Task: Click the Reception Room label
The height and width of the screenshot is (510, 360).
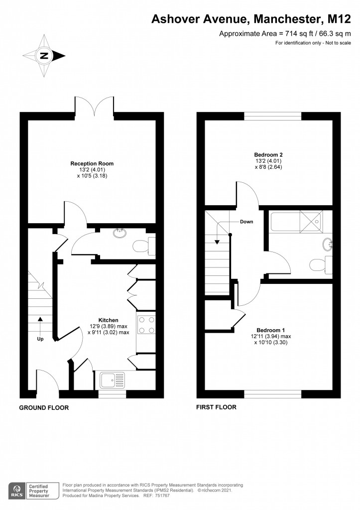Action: [92, 163]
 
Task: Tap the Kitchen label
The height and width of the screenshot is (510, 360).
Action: [108, 320]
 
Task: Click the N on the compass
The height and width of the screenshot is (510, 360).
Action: [44, 56]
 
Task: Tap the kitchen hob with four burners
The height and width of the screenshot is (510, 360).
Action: [146, 325]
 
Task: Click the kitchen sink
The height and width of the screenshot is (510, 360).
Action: [112, 380]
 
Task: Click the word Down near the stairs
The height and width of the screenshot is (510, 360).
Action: [246, 222]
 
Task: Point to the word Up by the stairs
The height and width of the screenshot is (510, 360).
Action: [40, 339]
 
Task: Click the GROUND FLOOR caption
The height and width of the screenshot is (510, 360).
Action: [44, 407]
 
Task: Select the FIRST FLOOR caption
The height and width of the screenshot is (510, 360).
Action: [216, 407]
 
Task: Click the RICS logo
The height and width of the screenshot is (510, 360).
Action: [17, 491]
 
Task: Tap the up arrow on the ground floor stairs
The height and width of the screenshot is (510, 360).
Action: [40, 326]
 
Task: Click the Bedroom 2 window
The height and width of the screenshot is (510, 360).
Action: [273, 116]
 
